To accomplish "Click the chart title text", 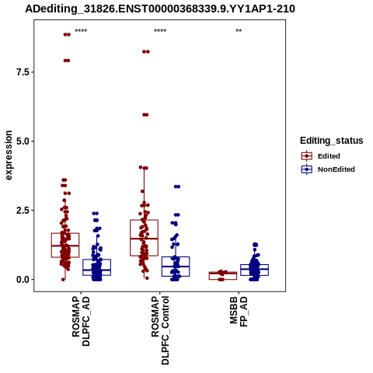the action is [160, 9].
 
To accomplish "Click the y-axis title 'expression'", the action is [9, 155].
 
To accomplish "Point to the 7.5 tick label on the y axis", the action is [23, 72].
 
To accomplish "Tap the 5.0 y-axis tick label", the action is [23, 141].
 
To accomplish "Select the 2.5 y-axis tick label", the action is [23, 211].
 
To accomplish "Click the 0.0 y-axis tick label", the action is [23, 280].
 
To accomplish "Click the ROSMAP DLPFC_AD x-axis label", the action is [81, 321].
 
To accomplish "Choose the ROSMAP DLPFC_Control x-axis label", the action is [160, 330].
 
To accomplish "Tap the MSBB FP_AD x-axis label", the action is [239, 312].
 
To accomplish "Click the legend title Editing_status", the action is [332, 141].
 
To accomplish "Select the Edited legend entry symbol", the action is [307, 156].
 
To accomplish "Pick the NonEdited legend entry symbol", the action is [307, 169].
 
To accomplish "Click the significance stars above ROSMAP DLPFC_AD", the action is [81, 31].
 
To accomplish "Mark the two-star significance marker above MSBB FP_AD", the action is [239, 31].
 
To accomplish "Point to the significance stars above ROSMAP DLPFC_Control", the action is [160, 31].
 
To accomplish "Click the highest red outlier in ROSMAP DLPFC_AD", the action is [67, 35].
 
